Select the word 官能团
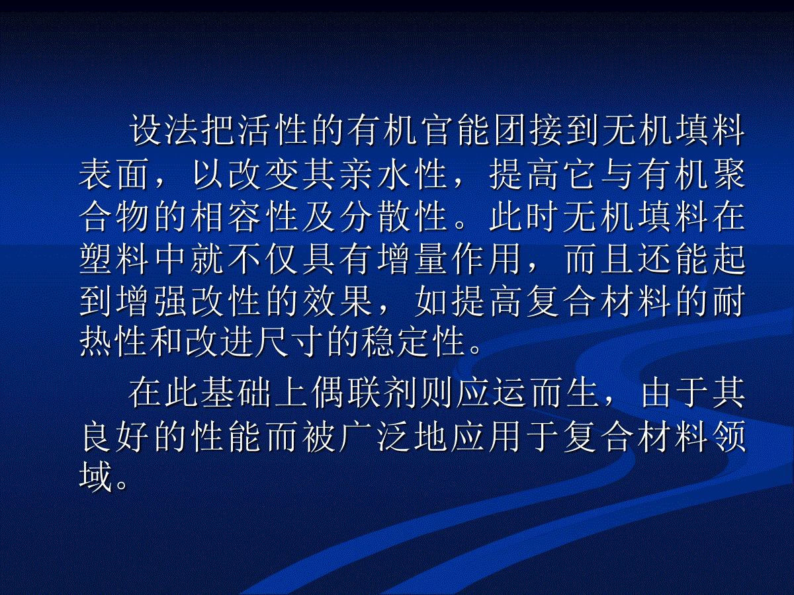(x=474, y=130)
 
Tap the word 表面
(x=114, y=174)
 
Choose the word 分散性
(x=394, y=216)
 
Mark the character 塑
(x=96, y=258)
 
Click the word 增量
(x=412, y=258)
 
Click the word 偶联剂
(x=364, y=393)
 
